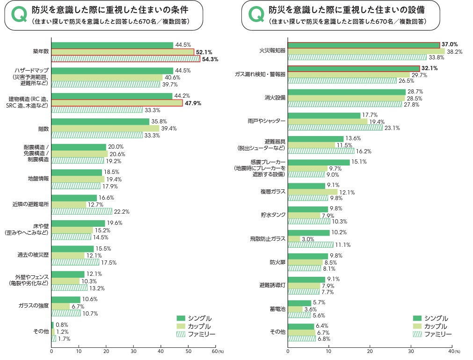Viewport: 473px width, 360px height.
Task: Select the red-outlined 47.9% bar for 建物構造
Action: pos(116,103)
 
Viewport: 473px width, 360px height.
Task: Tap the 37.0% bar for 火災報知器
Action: pos(364,45)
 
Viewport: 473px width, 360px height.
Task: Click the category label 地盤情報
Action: pos(38,179)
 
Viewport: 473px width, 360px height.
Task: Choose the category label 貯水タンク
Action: pos(273,215)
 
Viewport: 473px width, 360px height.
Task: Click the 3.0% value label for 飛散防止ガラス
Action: pos(308,239)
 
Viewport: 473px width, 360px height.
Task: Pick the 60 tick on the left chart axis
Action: pos(214,351)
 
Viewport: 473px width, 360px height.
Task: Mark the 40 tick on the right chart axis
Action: pos(451,351)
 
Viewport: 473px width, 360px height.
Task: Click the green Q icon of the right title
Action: pos(256,15)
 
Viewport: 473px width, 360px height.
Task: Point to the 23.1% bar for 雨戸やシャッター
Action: pos(335,127)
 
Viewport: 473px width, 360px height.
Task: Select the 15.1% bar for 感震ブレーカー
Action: pos(319,162)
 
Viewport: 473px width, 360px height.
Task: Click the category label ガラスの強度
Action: pos(34,306)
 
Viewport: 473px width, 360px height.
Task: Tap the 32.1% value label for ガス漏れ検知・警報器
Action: pos(430,68)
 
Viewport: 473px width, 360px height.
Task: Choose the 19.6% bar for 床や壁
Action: pos(78,223)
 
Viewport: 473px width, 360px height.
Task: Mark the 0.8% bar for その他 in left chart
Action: pos(52,324)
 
